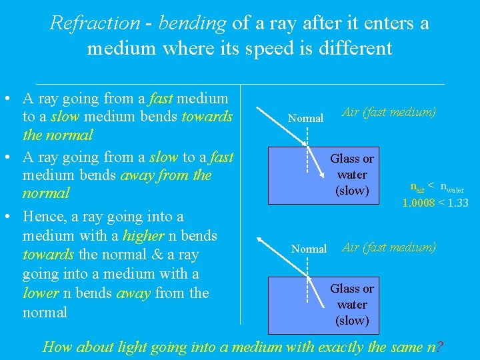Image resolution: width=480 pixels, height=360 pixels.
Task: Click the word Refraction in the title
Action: (95, 23)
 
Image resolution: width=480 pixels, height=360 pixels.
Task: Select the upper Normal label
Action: (305, 119)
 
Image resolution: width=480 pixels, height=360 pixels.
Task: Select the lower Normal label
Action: (309, 249)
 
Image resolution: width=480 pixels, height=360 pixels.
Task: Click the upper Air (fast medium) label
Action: (389, 112)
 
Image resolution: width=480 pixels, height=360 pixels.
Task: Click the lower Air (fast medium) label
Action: (389, 247)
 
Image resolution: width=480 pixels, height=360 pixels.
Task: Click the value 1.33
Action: (457, 203)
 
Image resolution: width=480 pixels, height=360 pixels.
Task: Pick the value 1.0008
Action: (419, 203)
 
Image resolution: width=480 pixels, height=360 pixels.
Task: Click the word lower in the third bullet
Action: (40, 293)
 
